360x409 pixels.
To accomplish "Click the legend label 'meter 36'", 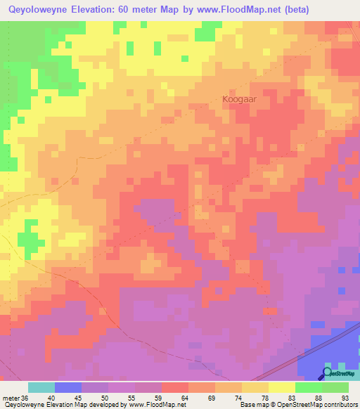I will click(x=15, y=398).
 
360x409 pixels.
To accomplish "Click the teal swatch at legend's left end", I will click(x=41, y=387).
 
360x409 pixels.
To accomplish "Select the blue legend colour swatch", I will click(x=68, y=387).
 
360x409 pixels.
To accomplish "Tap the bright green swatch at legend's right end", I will click(x=335, y=387).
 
